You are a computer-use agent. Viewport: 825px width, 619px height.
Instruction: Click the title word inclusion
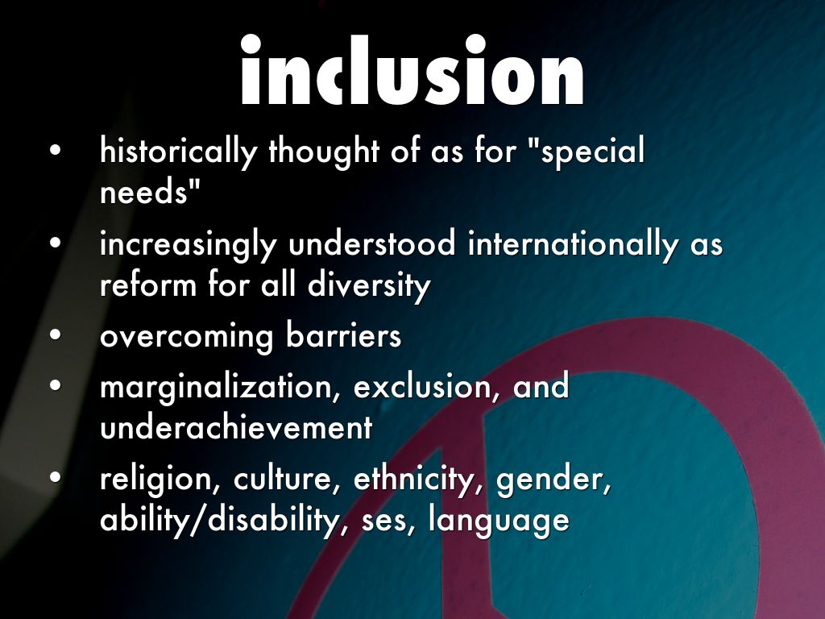(412, 69)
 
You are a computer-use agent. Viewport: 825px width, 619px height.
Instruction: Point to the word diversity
(369, 286)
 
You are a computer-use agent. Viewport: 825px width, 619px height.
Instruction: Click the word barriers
(343, 334)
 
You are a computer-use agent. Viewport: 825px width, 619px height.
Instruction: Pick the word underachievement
(236, 426)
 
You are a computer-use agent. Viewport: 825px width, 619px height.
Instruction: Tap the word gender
(553, 481)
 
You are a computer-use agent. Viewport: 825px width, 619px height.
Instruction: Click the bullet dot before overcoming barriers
(56, 334)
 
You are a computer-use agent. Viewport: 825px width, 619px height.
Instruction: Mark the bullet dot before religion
(56, 477)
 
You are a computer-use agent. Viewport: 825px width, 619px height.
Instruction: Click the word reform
(148, 286)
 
